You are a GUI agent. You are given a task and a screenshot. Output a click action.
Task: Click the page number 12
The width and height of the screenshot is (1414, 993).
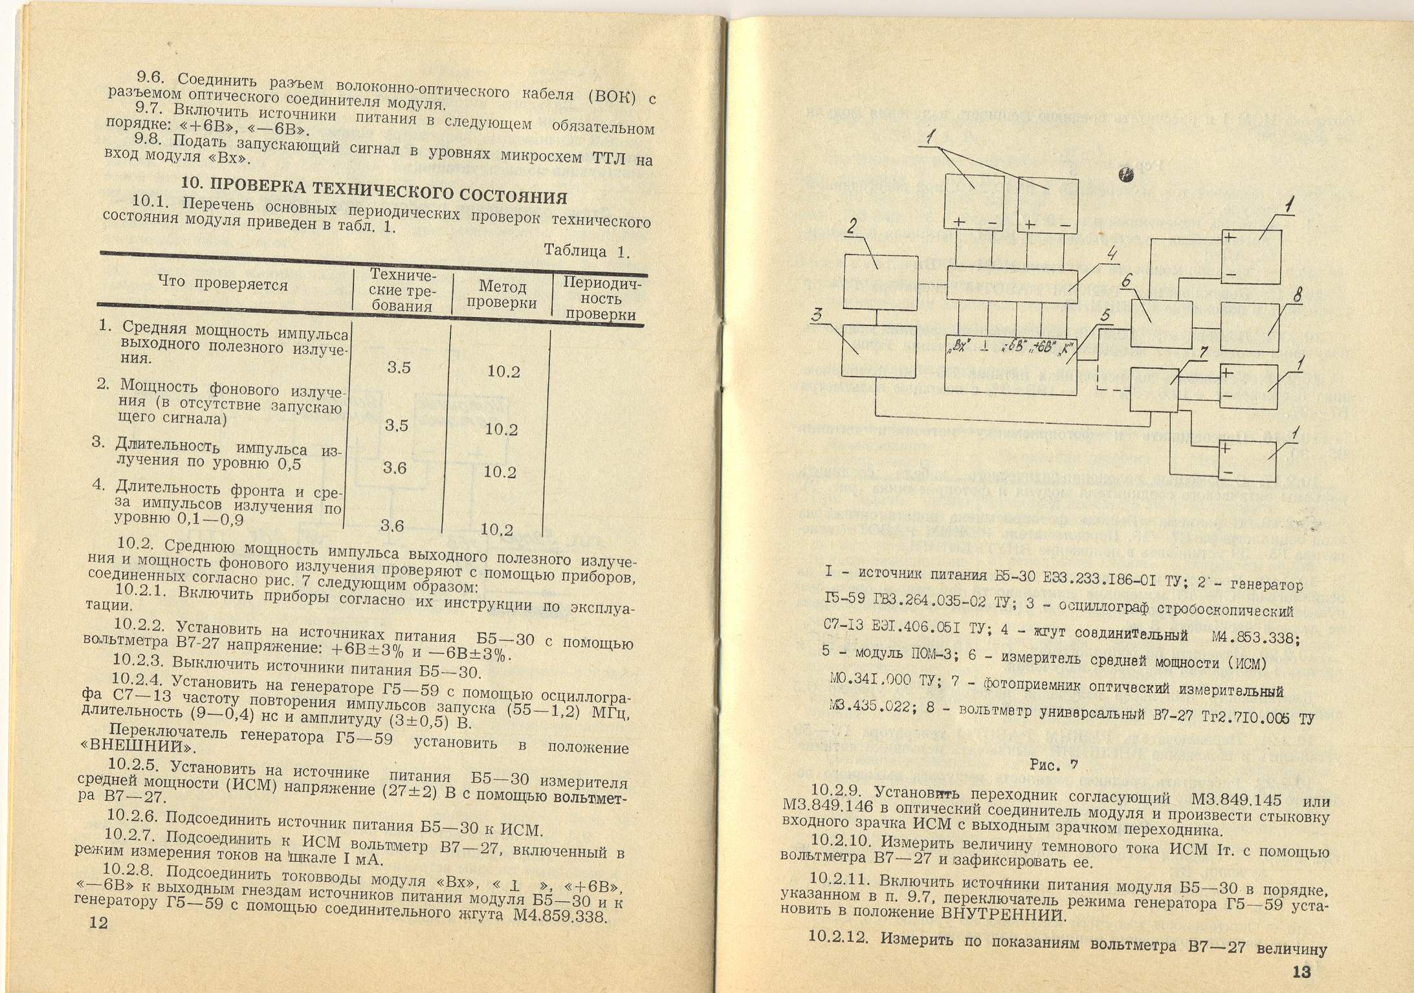[x=99, y=922]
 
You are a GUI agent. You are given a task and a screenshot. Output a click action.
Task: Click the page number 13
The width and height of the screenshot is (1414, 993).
[x=1301, y=972]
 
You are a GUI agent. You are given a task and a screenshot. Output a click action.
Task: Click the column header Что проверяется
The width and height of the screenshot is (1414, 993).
[x=223, y=283]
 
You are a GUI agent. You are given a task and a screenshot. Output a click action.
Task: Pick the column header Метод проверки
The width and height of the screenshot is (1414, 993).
[x=502, y=294]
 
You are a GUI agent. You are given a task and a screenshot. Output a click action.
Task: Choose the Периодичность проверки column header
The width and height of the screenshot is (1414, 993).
[x=601, y=299]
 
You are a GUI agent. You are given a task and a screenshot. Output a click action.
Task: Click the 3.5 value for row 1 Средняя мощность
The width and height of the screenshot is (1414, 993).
[x=399, y=367]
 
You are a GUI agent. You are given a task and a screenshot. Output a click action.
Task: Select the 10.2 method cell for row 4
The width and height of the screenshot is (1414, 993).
[x=497, y=530]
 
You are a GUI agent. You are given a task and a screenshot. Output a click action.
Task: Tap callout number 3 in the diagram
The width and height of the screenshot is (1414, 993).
[x=817, y=315]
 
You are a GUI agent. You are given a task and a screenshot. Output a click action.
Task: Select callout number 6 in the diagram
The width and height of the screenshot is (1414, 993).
[x=1127, y=281]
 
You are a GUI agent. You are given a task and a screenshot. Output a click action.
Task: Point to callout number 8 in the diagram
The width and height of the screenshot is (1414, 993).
[x=1298, y=295]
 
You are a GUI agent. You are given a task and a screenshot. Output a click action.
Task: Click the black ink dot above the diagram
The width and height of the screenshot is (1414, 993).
[x=1127, y=175]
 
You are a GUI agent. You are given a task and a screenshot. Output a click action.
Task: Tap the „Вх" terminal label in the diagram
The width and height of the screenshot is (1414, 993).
[x=958, y=347]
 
